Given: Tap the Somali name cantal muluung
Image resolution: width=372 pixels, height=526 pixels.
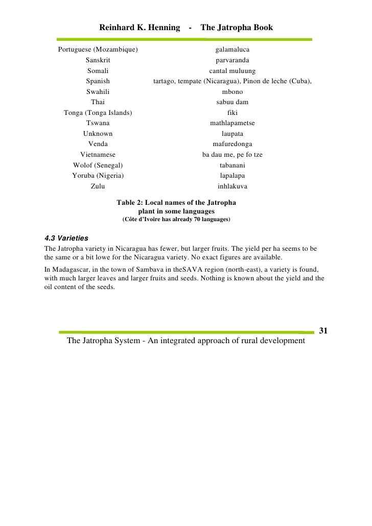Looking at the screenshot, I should tap(232, 71).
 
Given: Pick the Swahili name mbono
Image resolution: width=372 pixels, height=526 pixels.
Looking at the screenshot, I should tap(232, 92).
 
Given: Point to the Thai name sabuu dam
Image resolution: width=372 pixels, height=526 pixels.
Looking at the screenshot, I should tap(232, 102).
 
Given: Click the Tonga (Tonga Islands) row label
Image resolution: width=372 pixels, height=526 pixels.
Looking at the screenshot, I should tap(98, 113).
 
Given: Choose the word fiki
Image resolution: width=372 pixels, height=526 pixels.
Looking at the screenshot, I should tap(232, 113).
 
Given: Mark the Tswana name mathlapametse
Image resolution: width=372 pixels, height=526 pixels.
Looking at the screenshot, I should tap(232, 123).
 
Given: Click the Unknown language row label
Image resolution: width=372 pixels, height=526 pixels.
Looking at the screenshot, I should tap(98, 134).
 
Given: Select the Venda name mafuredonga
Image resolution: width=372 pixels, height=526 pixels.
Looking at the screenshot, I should tap(232, 144).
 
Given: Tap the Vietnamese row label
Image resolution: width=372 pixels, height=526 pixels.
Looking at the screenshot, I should tap(98, 155).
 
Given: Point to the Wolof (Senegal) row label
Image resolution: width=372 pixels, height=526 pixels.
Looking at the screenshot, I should tap(98, 165).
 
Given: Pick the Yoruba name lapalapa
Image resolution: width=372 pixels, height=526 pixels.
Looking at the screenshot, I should tap(232, 176).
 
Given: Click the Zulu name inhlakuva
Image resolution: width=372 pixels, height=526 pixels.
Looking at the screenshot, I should tap(232, 186).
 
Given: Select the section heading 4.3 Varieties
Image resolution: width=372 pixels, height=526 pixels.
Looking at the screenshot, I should tap(66, 238).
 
